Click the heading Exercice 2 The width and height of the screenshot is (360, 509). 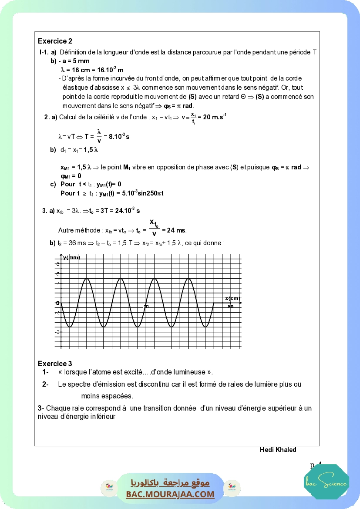tap(55, 41)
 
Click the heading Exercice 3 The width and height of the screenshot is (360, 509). tap(55, 364)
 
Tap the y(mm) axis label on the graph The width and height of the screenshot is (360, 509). tap(72, 257)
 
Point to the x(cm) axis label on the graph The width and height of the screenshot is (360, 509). tap(233, 298)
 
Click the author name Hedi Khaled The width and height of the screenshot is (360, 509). tap(278, 449)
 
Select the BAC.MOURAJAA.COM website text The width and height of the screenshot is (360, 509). tap(170, 494)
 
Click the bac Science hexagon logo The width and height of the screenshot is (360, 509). tap(326, 482)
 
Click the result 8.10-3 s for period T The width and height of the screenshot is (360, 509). tap(118, 136)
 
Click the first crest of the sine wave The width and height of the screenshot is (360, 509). tap(87, 279)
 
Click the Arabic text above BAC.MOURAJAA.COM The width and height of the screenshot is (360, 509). tap(170, 483)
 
